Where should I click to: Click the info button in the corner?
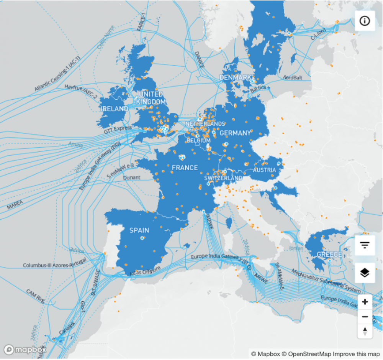tap(365, 21)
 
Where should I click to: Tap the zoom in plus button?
tap(365, 302)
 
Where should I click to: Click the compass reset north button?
tap(365, 331)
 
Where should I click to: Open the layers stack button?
tap(365, 273)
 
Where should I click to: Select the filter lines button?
tap(365, 245)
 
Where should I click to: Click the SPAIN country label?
tap(139, 230)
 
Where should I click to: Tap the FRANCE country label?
tap(185, 168)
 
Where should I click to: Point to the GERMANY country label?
tap(235, 133)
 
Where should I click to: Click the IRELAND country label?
tap(114, 109)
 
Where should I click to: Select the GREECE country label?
tap(329, 254)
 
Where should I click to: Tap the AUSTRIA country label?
tap(264, 170)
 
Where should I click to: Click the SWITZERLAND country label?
tap(223, 178)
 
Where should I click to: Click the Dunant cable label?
tap(131, 178)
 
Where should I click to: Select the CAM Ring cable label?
tap(36, 295)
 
